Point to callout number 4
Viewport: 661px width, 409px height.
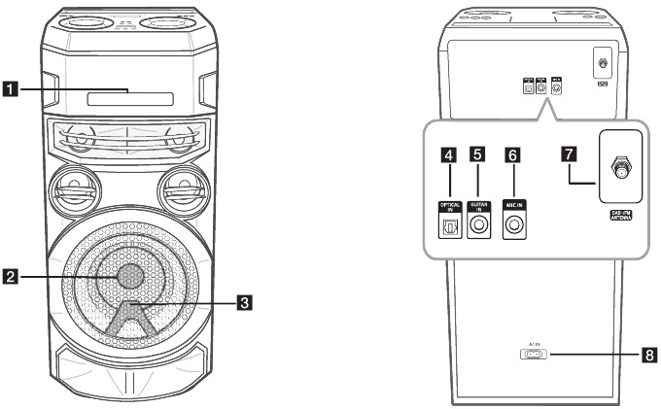[449, 153]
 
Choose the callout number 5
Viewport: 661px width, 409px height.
[476, 153]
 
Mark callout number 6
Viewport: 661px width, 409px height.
[512, 153]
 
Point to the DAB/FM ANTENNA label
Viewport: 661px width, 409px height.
[618, 212]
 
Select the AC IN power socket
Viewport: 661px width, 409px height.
[535, 356]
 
